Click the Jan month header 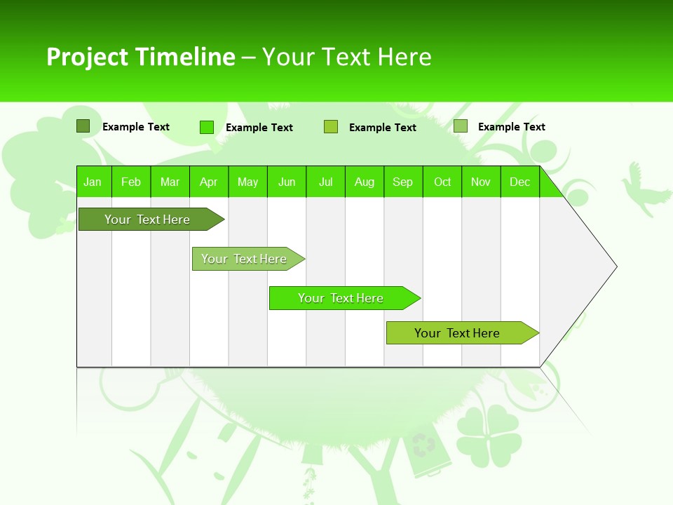[93, 182]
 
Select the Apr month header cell [209, 182]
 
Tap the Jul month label [325, 182]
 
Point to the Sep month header [403, 182]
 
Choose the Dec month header [519, 182]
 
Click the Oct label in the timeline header [442, 182]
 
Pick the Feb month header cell [131, 182]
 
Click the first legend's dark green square [83, 126]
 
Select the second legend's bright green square [206, 127]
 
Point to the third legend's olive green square [331, 127]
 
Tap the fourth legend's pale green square [461, 126]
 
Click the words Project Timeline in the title [140, 57]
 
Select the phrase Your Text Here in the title [347, 57]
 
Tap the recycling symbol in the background [423, 445]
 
